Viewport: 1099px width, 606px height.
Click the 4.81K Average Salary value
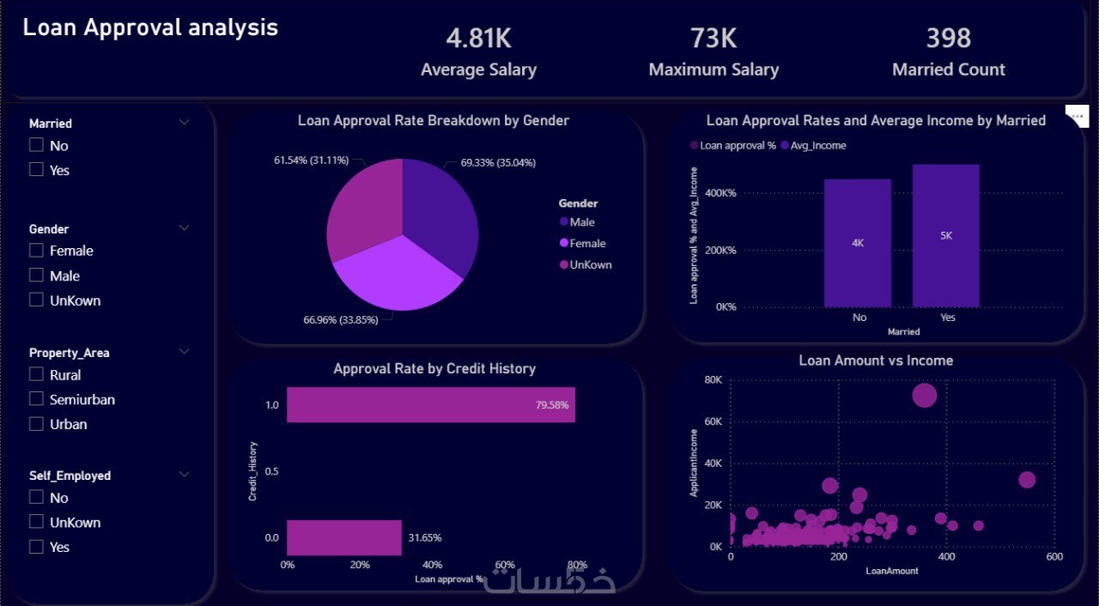point(478,39)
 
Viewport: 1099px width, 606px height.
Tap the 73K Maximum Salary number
point(713,39)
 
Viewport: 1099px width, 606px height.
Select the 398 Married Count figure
point(948,39)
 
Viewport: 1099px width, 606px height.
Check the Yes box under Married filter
point(36,170)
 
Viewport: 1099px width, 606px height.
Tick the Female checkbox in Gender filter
point(36,251)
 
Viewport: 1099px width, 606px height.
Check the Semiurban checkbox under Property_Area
point(36,399)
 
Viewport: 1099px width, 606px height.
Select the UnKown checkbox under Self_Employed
point(36,522)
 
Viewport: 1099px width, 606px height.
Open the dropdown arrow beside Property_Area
point(184,352)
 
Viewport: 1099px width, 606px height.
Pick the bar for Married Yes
point(945,235)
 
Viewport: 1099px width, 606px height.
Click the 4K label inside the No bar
point(858,243)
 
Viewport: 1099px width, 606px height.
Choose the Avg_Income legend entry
point(813,146)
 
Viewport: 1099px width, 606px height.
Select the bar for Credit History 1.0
point(430,405)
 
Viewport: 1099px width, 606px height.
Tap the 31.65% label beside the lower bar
point(425,538)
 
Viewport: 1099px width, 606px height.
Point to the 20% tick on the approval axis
point(360,565)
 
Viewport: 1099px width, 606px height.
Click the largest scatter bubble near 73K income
point(924,395)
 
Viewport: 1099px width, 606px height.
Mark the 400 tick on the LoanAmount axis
point(946,557)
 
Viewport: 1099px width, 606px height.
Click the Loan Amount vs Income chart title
point(876,361)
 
